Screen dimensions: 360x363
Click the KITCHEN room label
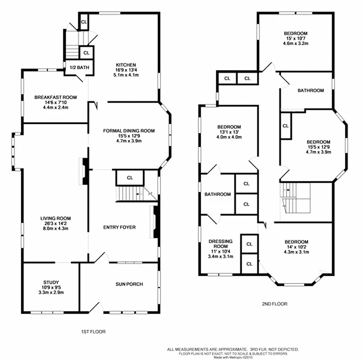[x=125, y=65]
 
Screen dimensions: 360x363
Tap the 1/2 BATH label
[x=79, y=68]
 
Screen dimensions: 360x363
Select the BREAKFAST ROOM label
[x=56, y=97]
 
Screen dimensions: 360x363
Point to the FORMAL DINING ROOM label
[x=129, y=131]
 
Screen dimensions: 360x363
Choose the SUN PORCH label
[x=129, y=284]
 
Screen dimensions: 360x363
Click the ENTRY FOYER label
[x=119, y=227]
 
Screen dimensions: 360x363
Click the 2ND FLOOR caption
[x=274, y=304]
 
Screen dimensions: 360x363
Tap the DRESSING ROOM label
[x=220, y=244]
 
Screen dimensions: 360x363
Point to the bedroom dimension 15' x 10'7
[x=295, y=39]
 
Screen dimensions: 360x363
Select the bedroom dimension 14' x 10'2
[x=296, y=247]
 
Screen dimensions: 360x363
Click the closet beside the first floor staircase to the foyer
[x=130, y=178]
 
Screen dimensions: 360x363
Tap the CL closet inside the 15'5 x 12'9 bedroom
[x=286, y=126]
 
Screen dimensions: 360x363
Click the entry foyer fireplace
[x=155, y=221]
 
